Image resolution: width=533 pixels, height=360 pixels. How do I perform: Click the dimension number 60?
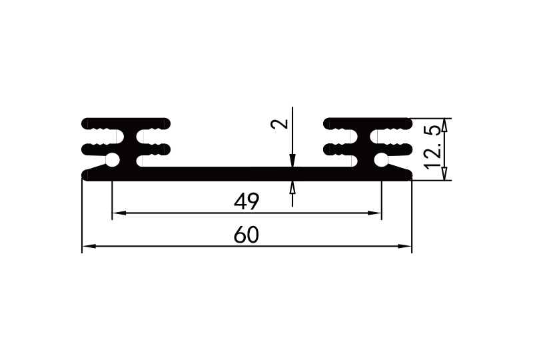point(247,235)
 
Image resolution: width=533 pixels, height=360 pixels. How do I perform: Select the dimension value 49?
point(247,201)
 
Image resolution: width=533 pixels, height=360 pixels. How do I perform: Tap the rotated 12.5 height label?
point(433,149)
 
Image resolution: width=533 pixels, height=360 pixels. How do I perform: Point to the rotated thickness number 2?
point(282,123)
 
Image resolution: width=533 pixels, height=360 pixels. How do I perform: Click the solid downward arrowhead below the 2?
point(292,161)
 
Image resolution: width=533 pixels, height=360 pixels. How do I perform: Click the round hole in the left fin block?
point(113,160)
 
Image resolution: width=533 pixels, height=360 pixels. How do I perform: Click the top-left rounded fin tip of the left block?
point(87,123)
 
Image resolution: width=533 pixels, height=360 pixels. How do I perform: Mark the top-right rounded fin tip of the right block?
point(406,123)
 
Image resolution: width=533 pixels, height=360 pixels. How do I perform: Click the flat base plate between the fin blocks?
point(247,173)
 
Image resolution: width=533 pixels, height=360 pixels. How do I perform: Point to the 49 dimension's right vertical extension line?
point(381,200)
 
